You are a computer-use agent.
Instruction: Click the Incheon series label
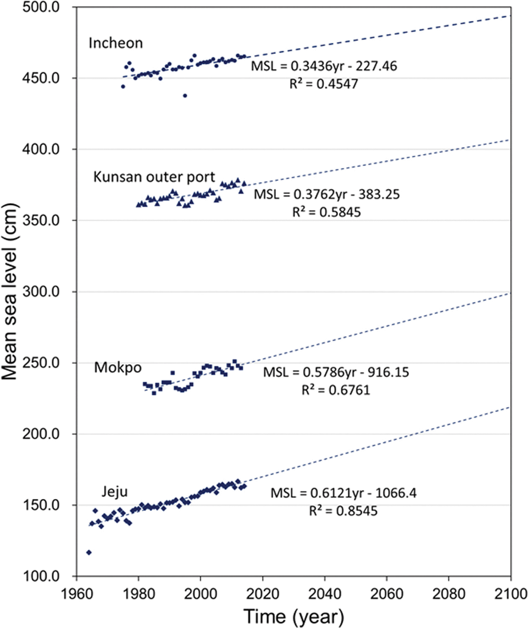pyautogui.click(x=115, y=43)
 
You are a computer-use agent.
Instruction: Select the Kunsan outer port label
pyautogui.click(x=154, y=177)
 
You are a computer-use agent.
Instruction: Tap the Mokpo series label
pyautogui.click(x=118, y=367)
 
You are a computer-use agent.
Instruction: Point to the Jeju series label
pyautogui.click(x=114, y=492)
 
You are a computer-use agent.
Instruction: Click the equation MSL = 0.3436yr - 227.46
pyautogui.click(x=324, y=66)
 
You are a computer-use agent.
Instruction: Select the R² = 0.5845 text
pyautogui.click(x=326, y=212)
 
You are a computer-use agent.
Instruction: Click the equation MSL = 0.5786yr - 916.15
pyautogui.click(x=336, y=372)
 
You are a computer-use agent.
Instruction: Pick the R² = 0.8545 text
pyautogui.click(x=343, y=511)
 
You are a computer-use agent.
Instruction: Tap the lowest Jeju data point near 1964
pyautogui.click(x=89, y=552)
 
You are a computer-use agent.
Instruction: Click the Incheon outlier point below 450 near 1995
pyautogui.click(x=185, y=96)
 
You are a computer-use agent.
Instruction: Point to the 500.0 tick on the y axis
pyautogui.click(x=41, y=7)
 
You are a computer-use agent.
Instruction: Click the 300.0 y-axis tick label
pyautogui.click(x=41, y=292)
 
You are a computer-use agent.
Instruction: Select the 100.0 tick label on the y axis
pyautogui.click(x=41, y=576)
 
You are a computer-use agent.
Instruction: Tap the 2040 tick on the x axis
pyautogui.click(x=325, y=594)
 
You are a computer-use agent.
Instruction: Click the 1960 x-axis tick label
pyautogui.click(x=77, y=594)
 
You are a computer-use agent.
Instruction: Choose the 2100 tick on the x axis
pyautogui.click(x=511, y=594)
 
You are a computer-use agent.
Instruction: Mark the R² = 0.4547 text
pyautogui.click(x=323, y=84)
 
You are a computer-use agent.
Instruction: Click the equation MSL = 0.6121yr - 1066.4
pyautogui.click(x=343, y=493)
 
